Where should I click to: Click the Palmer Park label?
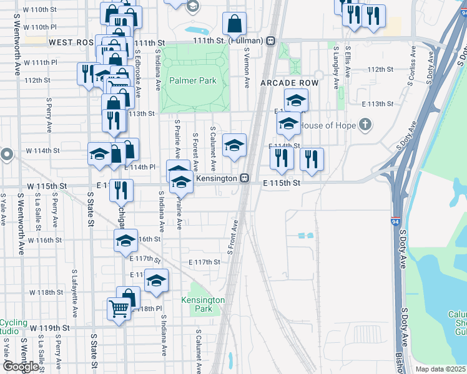193,80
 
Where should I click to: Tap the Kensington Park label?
203,304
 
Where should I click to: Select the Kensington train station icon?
246,178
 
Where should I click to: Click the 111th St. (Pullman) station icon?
270,41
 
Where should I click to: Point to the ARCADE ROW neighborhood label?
290,83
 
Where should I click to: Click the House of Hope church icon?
366,125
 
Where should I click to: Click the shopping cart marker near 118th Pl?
119,309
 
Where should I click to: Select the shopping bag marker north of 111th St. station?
235,24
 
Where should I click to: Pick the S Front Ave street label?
233,237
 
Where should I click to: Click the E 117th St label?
205,262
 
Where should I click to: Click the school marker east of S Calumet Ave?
235,145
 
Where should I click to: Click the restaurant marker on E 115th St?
121,189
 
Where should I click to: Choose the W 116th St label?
44,240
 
